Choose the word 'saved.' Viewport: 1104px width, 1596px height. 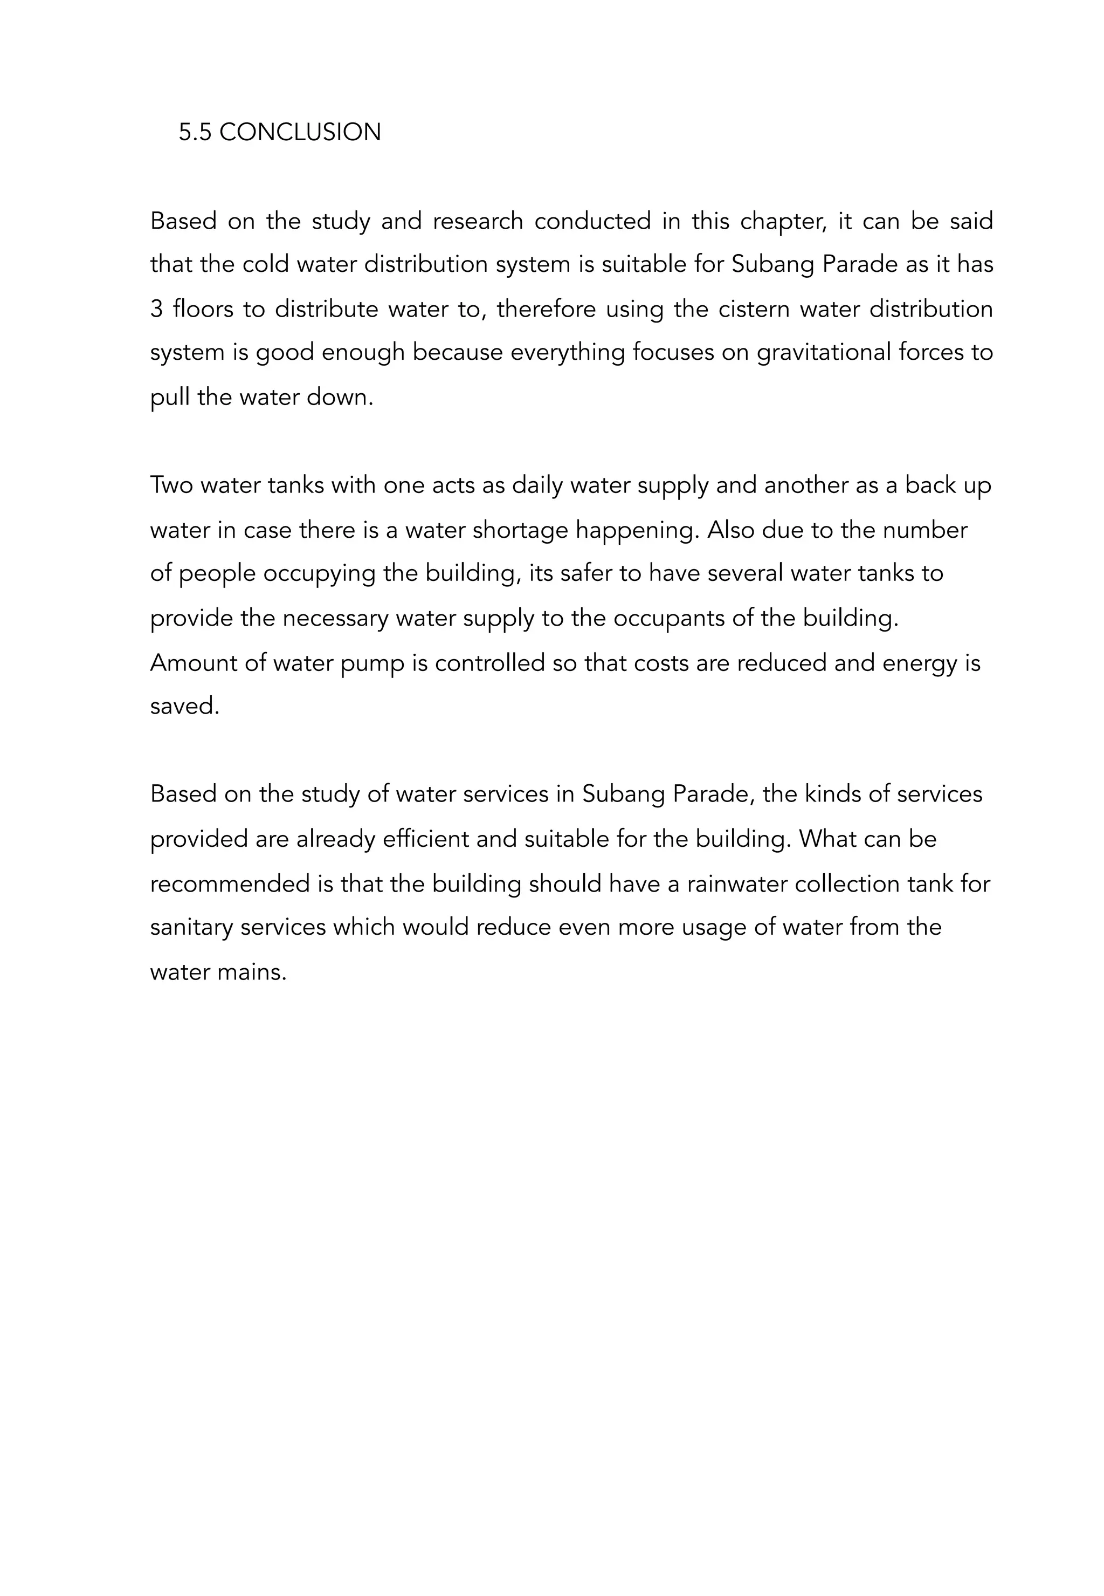(x=184, y=707)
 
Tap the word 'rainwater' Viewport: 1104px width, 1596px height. (x=737, y=884)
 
